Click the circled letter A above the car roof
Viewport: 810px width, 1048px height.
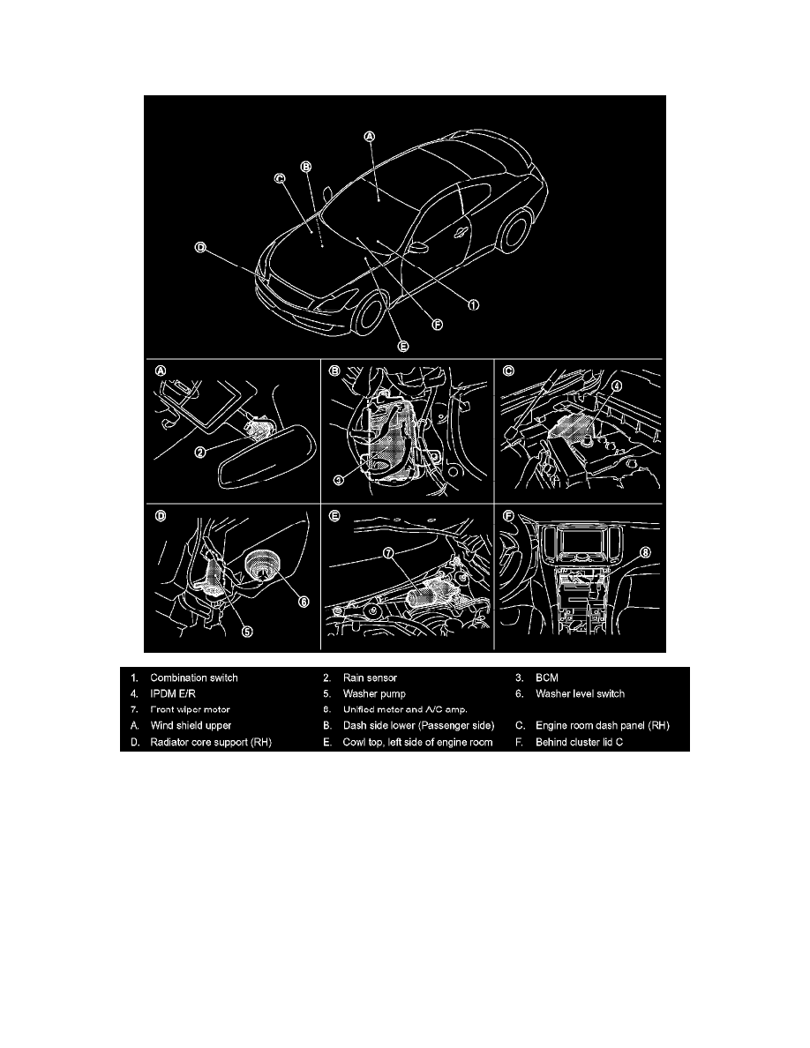(370, 136)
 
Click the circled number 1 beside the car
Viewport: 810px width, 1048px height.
(473, 304)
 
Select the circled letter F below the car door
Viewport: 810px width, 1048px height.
(437, 324)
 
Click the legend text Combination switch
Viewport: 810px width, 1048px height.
(194, 678)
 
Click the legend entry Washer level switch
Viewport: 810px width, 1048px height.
(580, 694)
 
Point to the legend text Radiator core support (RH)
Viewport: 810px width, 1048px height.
(211, 742)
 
